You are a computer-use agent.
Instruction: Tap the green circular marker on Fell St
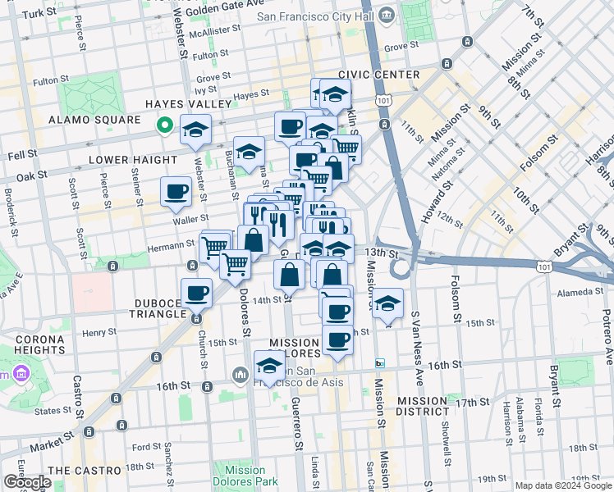tap(164, 125)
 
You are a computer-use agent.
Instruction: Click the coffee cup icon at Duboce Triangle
tap(196, 294)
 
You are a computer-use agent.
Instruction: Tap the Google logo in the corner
tap(26, 482)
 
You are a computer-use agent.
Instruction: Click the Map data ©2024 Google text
tap(562, 485)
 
